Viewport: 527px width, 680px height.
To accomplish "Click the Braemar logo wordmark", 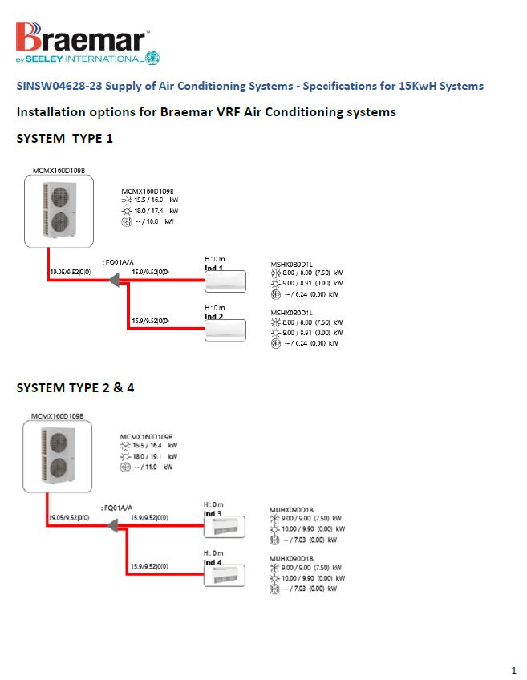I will click(80, 38).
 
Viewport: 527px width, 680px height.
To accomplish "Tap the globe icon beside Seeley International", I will click(153, 59).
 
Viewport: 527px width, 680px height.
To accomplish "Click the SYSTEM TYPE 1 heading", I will click(65, 139).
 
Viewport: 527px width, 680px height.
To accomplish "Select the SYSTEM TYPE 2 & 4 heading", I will click(75, 388).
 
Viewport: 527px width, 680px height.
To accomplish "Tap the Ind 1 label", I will click(213, 268).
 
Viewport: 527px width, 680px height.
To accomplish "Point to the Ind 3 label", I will click(213, 513).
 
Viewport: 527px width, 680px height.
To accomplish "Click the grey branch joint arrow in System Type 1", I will click(113, 279).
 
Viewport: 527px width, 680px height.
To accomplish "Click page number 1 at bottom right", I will click(513, 669).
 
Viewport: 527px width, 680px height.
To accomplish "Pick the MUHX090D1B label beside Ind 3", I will click(291, 508).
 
